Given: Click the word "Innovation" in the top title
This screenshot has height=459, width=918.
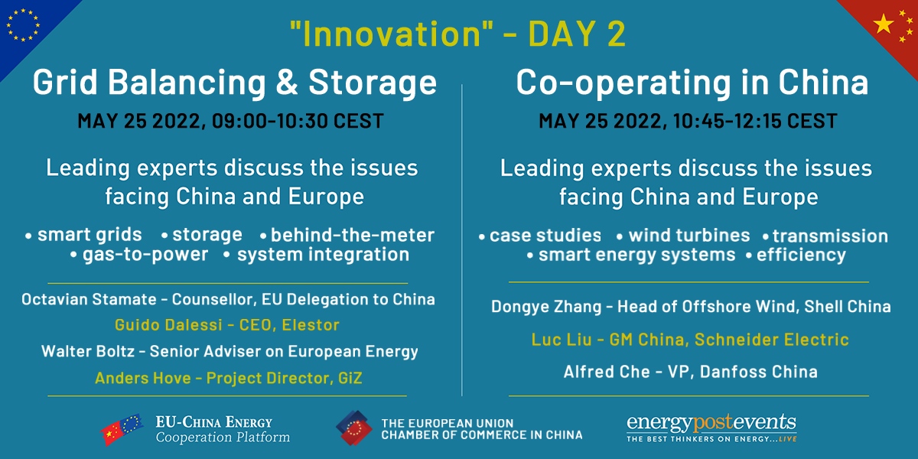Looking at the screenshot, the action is (392, 34).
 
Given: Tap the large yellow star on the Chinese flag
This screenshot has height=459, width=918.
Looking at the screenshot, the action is (884, 24).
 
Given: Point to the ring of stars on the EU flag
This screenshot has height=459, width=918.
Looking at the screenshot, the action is (23, 25).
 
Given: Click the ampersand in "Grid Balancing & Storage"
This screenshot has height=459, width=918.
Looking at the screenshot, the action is (287, 83).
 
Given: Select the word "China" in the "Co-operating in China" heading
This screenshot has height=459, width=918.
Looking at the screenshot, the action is (823, 83).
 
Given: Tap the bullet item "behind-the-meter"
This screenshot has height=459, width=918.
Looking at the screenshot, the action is (353, 236).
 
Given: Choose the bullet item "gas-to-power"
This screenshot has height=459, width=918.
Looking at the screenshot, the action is (145, 255).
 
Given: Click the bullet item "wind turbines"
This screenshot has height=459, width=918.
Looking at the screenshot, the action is (689, 236).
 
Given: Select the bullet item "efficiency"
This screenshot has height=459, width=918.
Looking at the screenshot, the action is (801, 256).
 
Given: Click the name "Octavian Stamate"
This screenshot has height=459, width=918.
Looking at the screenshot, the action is (89, 300).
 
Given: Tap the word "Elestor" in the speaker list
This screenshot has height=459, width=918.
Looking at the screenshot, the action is (311, 325).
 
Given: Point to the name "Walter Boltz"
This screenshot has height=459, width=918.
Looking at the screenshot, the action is (88, 351).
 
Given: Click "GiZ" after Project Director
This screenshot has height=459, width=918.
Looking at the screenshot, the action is (350, 378).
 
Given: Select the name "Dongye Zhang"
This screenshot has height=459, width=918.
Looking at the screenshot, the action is (546, 307).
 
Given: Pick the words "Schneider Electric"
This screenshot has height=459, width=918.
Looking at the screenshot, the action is (772, 340).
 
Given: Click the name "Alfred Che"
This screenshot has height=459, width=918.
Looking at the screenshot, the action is (607, 372).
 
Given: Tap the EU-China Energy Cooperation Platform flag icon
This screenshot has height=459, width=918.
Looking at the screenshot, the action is (122, 429).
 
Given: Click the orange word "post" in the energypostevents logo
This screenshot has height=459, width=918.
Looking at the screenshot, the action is (713, 423).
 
